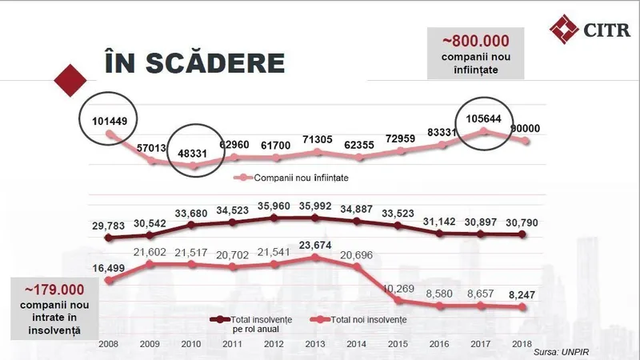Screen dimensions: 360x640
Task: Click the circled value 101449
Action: (x=110, y=122)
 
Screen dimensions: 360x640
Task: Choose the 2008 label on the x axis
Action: (x=110, y=344)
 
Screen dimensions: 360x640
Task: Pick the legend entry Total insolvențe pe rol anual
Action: (x=256, y=324)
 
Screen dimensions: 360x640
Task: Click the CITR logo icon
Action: (x=564, y=30)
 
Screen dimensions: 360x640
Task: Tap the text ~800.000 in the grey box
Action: (x=475, y=41)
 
